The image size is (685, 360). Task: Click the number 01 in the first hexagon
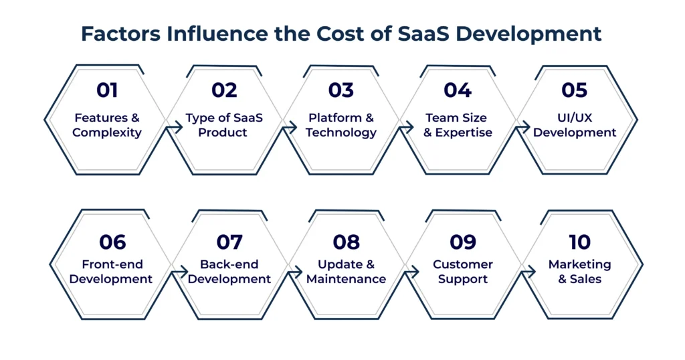107,90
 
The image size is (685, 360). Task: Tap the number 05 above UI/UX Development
574,90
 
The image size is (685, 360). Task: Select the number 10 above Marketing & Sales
579,242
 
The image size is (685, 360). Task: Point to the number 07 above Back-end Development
229,242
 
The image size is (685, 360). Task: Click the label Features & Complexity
107,125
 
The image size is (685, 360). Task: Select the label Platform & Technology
341,125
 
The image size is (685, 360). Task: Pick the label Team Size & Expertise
458,125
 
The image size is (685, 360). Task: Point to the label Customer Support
463,272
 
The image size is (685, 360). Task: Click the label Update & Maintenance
346,272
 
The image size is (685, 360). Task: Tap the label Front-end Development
111,272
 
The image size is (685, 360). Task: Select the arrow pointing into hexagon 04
407,127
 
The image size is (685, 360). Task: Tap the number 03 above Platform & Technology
341,90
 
